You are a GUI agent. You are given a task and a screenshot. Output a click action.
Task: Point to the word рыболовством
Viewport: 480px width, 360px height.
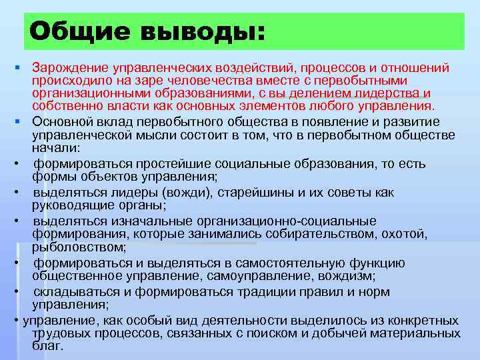(70, 247)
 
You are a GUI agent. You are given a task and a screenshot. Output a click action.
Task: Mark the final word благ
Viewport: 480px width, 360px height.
(46, 346)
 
